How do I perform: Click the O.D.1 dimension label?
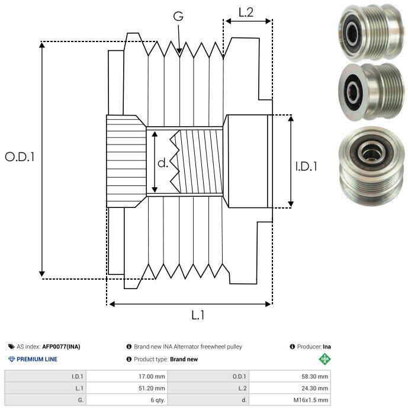[x=20, y=157]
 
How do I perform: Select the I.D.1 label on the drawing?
[x=306, y=167]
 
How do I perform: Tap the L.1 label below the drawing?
[x=198, y=316]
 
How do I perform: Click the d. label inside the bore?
[x=163, y=163]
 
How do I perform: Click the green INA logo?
[x=325, y=359]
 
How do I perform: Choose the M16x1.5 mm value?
[x=311, y=400]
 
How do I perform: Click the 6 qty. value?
[x=155, y=400]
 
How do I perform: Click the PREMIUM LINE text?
[x=37, y=359]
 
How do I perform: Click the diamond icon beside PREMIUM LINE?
[x=11, y=359]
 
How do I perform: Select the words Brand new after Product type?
[x=184, y=359]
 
